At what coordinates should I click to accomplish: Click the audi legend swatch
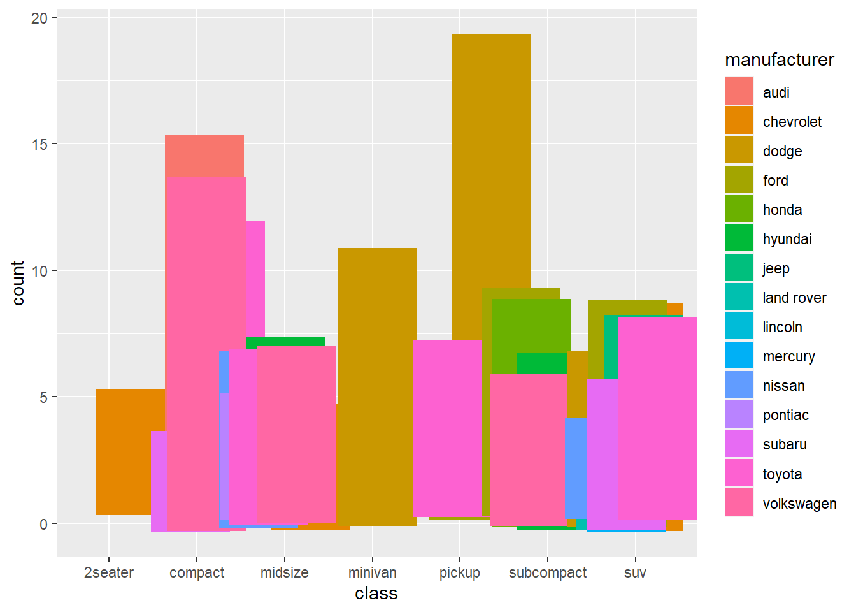click(x=739, y=92)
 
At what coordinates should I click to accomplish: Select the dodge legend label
click(x=782, y=151)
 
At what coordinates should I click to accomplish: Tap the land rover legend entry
click(x=794, y=298)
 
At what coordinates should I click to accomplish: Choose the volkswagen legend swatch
click(x=739, y=502)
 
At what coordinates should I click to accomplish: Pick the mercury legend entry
click(x=788, y=356)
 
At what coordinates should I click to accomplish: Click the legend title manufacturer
click(x=779, y=59)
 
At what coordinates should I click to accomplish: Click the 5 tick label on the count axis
click(x=43, y=397)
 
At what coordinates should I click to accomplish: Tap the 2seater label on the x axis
click(x=109, y=572)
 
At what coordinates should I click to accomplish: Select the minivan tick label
click(x=373, y=572)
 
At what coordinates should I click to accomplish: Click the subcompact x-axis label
click(x=547, y=572)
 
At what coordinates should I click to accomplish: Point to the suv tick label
click(x=635, y=572)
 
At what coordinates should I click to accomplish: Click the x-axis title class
click(x=376, y=594)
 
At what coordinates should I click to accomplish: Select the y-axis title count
click(x=18, y=283)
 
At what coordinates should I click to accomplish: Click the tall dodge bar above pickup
click(x=490, y=159)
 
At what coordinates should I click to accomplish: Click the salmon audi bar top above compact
click(x=204, y=155)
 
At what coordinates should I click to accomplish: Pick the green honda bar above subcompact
click(x=531, y=325)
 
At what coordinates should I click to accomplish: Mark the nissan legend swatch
click(x=739, y=385)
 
